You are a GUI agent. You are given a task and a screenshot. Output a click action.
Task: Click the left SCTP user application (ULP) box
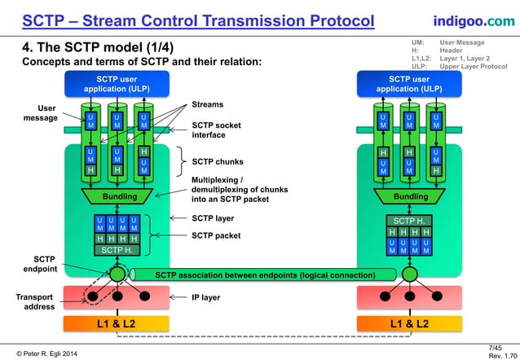116,84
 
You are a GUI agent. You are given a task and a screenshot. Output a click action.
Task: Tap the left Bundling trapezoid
119,197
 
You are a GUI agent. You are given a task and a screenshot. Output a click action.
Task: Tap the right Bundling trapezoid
411,197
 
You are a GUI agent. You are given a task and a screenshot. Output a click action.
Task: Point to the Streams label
207,104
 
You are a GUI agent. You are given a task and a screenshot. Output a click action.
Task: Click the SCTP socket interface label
214,130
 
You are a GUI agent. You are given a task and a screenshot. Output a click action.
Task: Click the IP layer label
205,298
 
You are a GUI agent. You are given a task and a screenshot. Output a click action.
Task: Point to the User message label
40,113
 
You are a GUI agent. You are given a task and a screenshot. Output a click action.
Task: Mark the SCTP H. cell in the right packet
411,221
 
